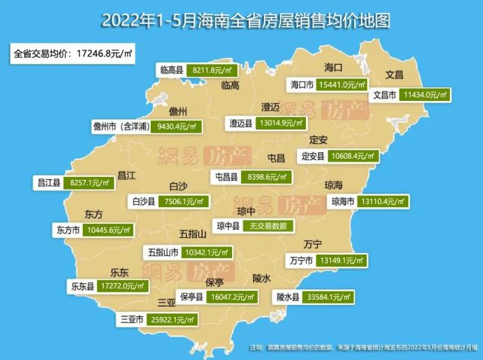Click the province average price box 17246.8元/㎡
(x=72, y=54)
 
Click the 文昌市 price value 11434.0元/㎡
(x=426, y=96)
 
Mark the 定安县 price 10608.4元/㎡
(x=353, y=156)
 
